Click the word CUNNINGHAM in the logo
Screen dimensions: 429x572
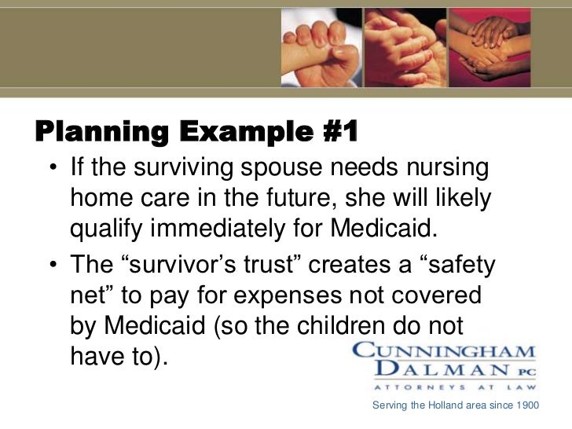coord(444,351)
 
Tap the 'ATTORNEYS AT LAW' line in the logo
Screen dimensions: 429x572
coord(444,387)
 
